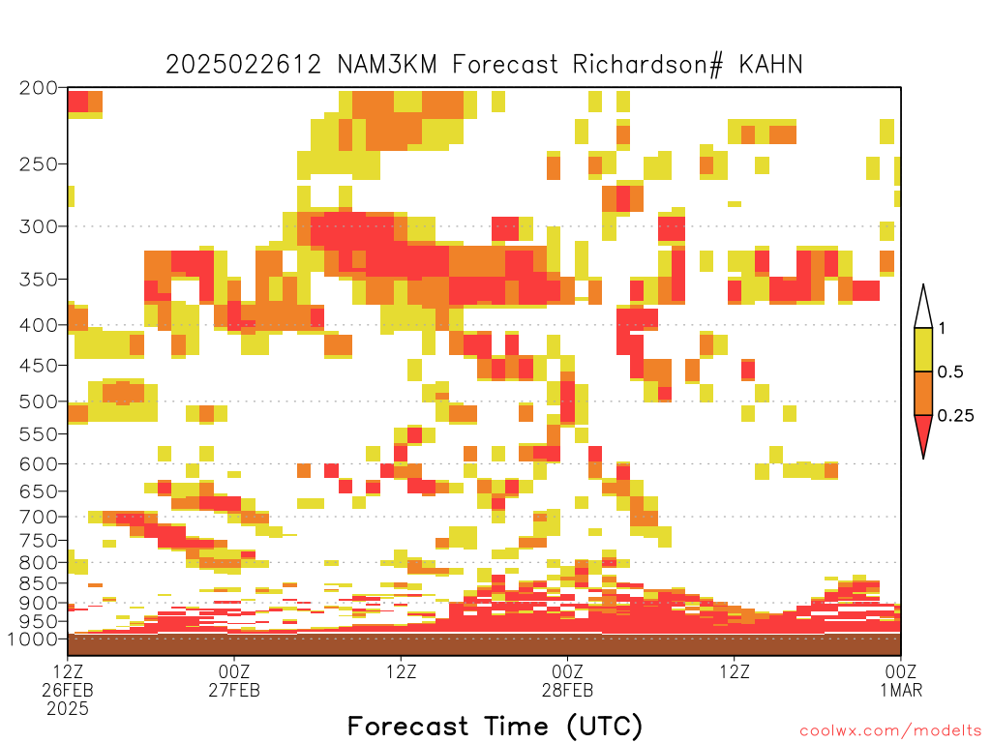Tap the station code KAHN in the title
[x=770, y=65]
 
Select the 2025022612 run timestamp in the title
[x=243, y=65]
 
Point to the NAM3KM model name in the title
[x=387, y=65]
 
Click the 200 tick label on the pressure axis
[x=38, y=88]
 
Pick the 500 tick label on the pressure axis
[x=38, y=401]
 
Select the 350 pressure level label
[x=38, y=280]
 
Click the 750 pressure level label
[x=38, y=541]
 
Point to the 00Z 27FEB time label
[x=234, y=680]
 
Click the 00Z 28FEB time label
[x=567, y=680]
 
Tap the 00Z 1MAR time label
[x=901, y=680]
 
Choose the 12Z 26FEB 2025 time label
[x=68, y=690]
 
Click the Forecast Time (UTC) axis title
[x=495, y=727]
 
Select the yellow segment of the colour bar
[x=923, y=349]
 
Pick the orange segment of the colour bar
[x=923, y=393]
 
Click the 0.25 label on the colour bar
[x=955, y=416]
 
